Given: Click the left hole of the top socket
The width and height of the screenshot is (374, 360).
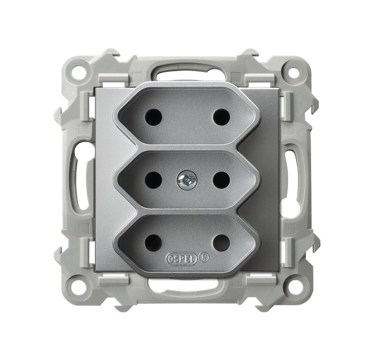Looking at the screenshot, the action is (153, 117).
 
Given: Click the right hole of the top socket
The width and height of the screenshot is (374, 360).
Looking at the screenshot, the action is (221, 117).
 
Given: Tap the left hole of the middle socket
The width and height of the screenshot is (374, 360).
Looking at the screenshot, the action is (153, 180).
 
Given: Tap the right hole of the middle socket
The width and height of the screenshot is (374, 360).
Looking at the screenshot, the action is (221, 180).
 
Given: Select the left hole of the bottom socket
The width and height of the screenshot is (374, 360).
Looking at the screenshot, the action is (153, 243).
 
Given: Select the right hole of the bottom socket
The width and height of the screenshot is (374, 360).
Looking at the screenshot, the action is (221, 243).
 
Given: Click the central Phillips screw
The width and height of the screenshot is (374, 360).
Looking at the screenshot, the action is (187, 180).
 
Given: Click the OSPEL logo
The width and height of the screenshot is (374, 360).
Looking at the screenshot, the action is (181, 260).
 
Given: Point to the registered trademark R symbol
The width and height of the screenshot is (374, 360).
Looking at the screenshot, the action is (204, 258).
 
